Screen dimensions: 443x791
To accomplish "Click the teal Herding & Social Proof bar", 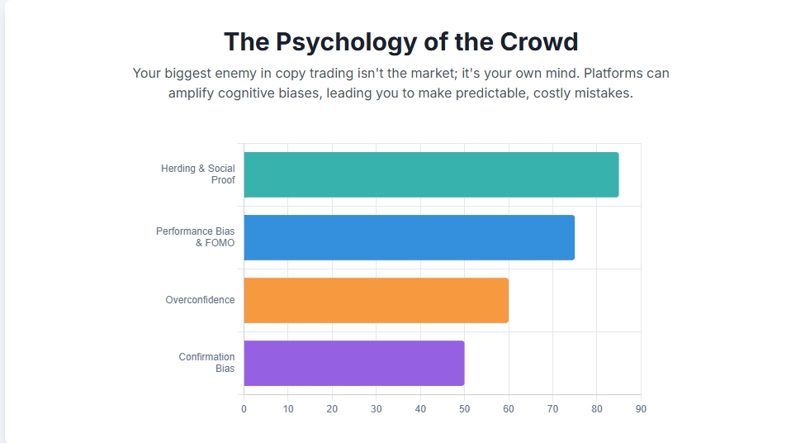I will [431, 174].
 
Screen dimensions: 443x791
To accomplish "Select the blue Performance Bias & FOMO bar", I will [409, 237].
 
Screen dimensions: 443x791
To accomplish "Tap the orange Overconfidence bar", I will [376, 300].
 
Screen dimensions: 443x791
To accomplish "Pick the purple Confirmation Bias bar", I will [353, 363].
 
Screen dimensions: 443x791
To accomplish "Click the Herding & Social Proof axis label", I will [198, 174].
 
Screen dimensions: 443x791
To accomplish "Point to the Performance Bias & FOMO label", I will [196, 237].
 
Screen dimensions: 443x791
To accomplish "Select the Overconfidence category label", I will [200, 300].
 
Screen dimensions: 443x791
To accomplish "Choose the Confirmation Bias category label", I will [207, 363].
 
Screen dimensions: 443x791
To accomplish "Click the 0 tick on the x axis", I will [244, 409].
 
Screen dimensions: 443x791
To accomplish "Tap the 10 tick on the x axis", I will [288, 409].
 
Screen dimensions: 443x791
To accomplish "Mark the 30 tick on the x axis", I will [377, 409].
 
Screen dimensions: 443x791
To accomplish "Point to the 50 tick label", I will [464, 409].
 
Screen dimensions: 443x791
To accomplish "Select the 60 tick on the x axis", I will [509, 409].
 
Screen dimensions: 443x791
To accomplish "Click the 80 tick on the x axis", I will [597, 409].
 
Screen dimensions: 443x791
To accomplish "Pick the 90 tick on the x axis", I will [641, 409].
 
